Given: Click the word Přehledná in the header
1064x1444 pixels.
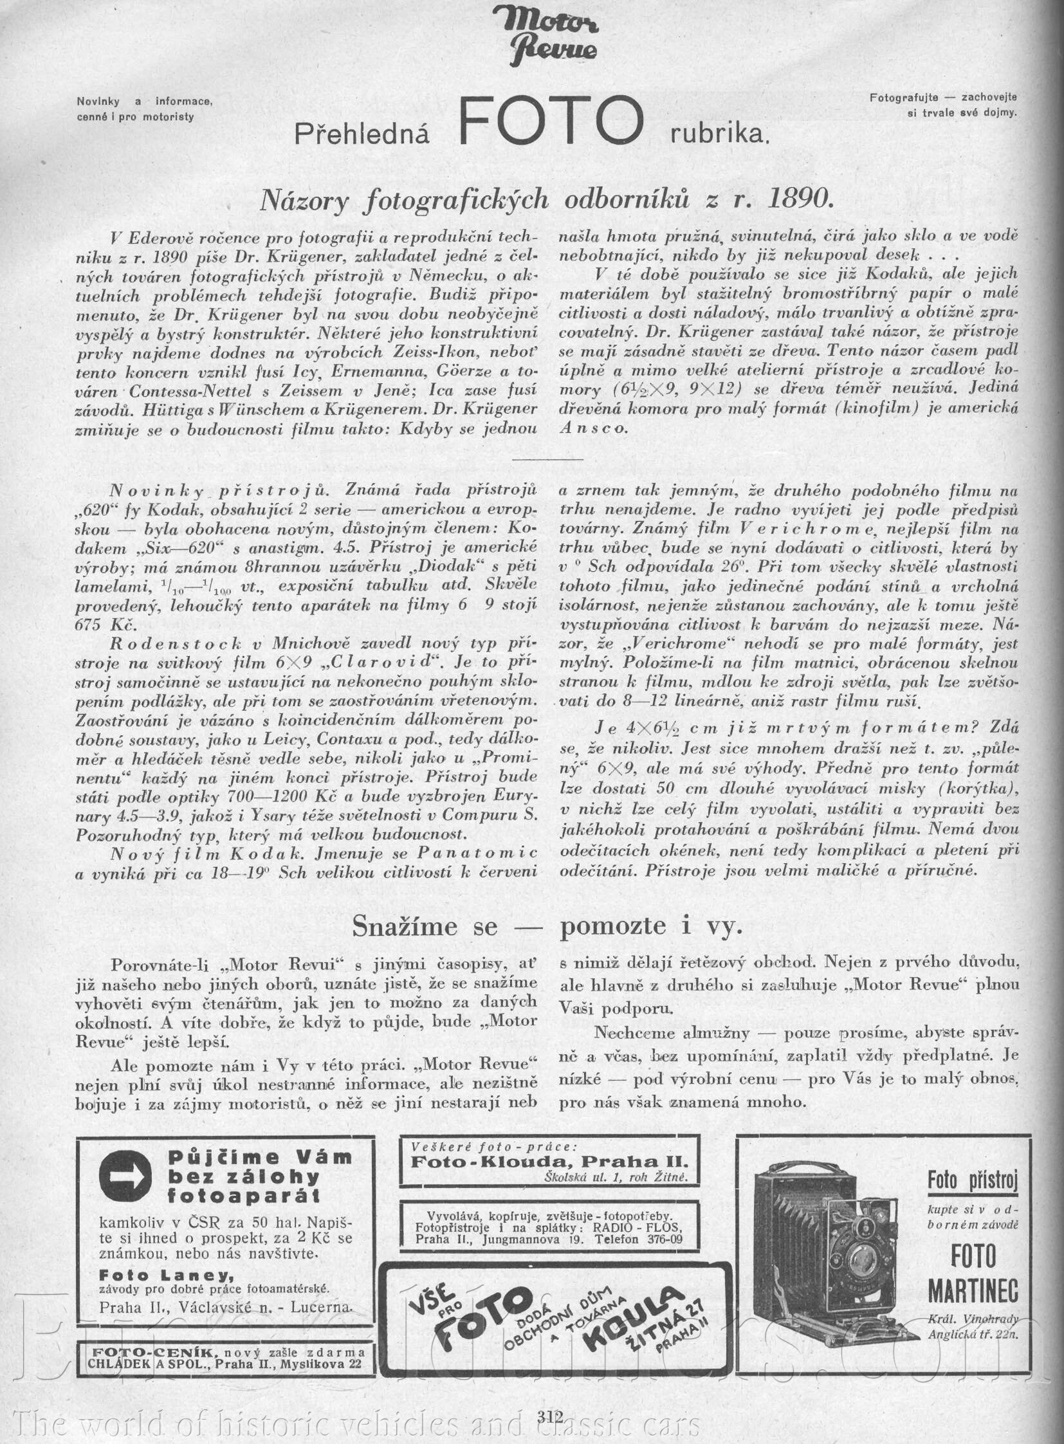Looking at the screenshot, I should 362,134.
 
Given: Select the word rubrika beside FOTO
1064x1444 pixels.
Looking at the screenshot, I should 719,134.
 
